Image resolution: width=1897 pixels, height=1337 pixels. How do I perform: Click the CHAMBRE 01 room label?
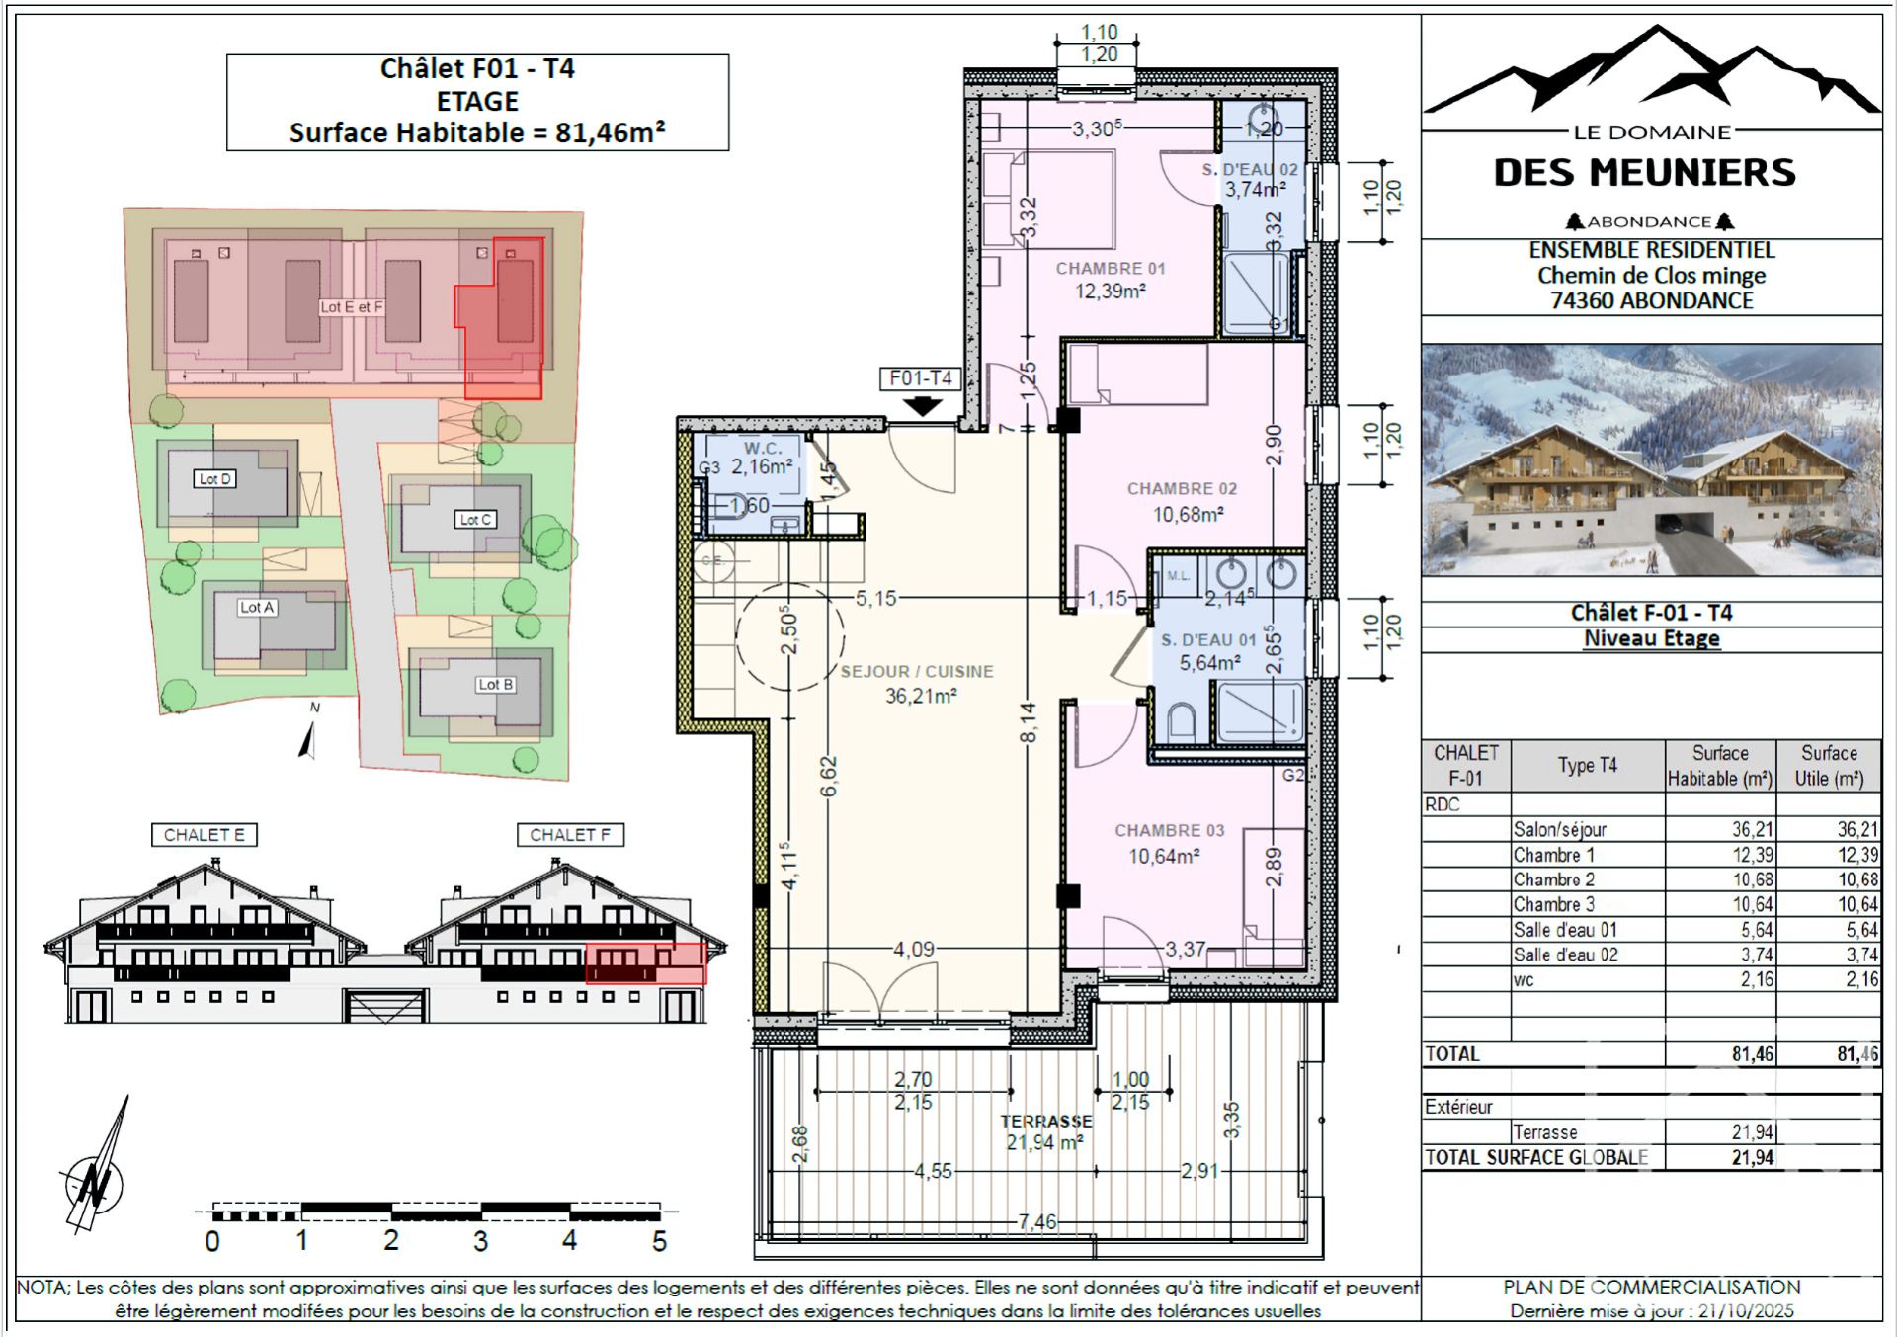pyautogui.click(x=1110, y=268)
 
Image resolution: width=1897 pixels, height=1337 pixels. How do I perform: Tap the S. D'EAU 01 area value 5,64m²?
pyautogui.click(x=1209, y=663)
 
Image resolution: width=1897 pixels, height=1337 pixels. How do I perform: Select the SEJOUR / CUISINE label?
pyautogui.click(x=916, y=672)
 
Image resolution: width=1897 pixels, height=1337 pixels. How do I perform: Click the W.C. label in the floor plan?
pyautogui.click(x=763, y=449)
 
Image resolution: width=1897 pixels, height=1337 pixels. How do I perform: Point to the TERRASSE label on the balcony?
pyautogui.click(x=1045, y=1122)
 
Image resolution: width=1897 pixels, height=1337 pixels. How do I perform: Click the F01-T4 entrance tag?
pyautogui.click(x=920, y=378)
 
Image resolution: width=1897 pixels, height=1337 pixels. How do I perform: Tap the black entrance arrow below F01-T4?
pyautogui.click(x=922, y=405)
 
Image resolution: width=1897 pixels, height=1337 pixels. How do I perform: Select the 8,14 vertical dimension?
pyautogui.click(x=1029, y=721)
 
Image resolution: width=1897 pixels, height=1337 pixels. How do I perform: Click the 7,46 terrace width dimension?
pyautogui.click(x=1036, y=1222)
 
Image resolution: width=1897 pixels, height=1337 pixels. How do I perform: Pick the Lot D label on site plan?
pyautogui.click(x=214, y=479)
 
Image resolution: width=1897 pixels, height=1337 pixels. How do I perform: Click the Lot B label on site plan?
pyautogui.click(x=495, y=684)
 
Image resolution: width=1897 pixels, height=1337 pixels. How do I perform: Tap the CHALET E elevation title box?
pyautogui.click(x=204, y=835)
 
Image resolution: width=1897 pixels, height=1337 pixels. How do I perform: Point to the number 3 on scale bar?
pyautogui.click(x=480, y=1241)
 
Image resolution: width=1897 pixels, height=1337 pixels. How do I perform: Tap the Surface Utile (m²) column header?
pyautogui.click(x=1828, y=766)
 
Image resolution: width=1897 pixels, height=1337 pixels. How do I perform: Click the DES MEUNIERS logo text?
pyautogui.click(x=1644, y=173)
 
